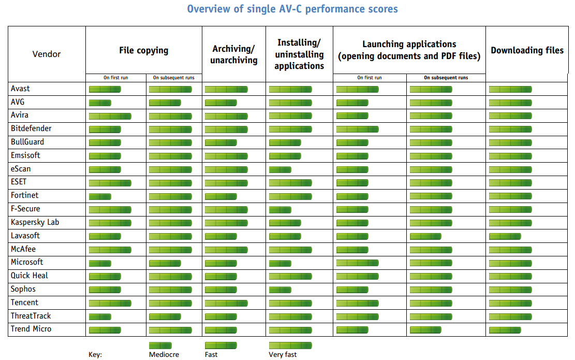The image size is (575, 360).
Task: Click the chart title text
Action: click(292, 9)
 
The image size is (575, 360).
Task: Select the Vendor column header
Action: click(47, 54)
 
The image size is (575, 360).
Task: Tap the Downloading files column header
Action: click(527, 50)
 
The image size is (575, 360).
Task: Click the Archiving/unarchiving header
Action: click(233, 54)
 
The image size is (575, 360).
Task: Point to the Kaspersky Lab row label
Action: click(35, 222)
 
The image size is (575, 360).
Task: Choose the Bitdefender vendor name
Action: click(31, 128)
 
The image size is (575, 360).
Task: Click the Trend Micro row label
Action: click(31, 329)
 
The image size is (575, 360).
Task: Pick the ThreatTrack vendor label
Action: click(31, 316)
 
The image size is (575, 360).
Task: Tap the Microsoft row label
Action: click(27, 262)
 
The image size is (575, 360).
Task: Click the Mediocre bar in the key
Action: click(160, 345)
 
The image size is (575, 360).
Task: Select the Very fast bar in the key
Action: click(290, 345)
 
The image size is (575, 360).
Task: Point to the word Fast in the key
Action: click(211, 355)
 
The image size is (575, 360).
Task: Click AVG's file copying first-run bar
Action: click(100, 103)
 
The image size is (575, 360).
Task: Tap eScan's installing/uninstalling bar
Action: click(280, 169)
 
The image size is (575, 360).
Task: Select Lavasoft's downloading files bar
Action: click(505, 236)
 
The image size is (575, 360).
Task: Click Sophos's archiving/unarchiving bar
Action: click(221, 290)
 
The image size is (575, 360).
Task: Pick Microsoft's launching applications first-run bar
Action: click(357, 263)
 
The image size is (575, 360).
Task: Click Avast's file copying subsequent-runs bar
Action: click(170, 90)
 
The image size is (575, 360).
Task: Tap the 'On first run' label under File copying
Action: click(115, 78)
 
